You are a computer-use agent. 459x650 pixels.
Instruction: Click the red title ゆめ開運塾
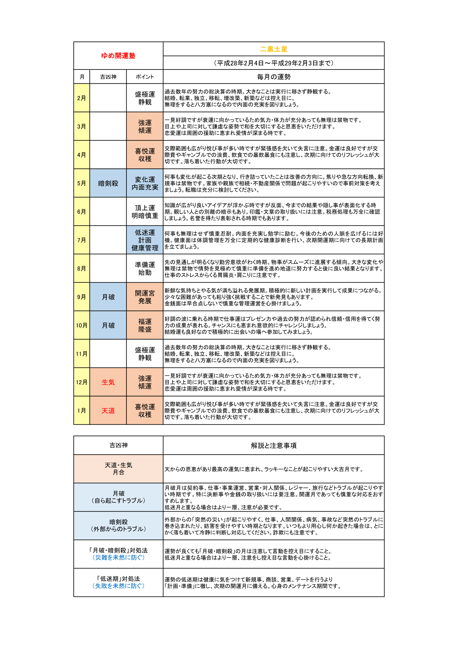coord(118,56)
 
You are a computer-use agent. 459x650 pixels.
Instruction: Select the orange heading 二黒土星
coord(273,49)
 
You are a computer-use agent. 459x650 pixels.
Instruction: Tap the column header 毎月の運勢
coord(273,77)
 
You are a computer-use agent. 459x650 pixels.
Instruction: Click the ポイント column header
coord(145,77)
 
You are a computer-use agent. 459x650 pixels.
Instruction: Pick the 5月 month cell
coord(82,183)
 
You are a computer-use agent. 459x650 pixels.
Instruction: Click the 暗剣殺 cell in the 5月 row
coord(108,183)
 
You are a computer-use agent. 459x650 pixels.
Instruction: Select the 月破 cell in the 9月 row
coord(108,297)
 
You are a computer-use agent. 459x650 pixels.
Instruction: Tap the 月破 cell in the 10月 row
coord(108,325)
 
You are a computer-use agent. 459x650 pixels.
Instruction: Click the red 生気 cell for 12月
coord(108,382)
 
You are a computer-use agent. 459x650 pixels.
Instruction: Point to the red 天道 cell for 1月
coord(108,410)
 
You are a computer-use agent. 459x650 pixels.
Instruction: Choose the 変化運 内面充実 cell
coord(145,183)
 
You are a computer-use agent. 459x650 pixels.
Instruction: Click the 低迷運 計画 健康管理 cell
coord(145,240)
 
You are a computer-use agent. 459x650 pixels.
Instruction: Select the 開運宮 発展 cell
coord(145,297)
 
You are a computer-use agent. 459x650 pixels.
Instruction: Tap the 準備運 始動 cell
coord(145,268)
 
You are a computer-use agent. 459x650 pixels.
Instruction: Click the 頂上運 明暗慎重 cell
coord(145,212)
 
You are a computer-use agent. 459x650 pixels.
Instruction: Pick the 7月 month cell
coord(82,240)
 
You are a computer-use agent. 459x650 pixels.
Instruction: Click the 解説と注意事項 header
coord(273,445)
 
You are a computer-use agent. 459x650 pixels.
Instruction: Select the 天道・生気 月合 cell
coord(118,469)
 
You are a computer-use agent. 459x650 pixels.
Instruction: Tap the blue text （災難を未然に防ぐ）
coord(118,557)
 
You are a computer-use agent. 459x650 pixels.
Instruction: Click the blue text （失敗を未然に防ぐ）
coord(118,586)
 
